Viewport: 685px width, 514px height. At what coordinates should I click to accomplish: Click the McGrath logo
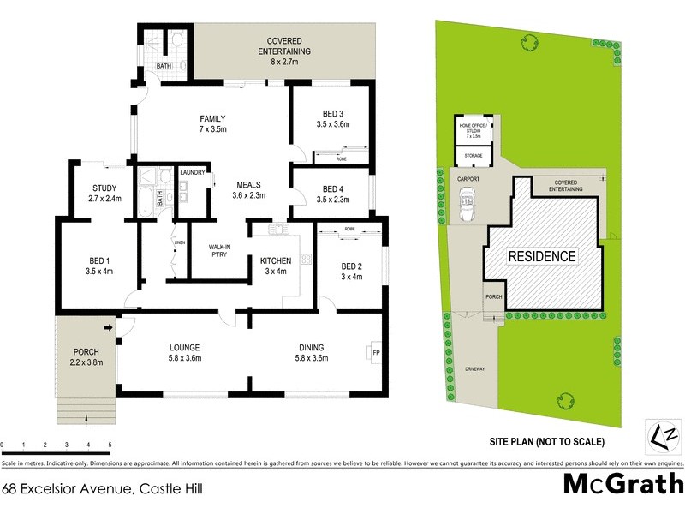pos(622,484)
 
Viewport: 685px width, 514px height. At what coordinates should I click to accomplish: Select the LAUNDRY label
pos(193,173)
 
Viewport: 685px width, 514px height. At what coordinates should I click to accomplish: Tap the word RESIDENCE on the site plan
pos(542,256)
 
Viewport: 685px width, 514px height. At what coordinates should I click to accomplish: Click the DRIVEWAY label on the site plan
pos(474,369)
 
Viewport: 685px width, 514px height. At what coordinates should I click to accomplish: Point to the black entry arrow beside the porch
pos(109,327)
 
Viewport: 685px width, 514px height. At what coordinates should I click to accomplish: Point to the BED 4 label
pos(333,194)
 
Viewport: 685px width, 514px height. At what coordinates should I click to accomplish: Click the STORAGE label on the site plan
pos(473,155)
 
